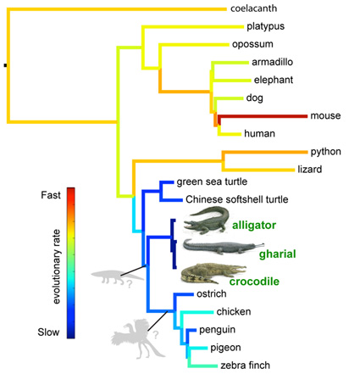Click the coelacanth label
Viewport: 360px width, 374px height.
click(253, 8)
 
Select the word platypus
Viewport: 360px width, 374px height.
click(265, 26)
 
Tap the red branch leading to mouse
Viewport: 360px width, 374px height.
click(263, 116)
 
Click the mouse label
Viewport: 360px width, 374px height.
click(325, 115)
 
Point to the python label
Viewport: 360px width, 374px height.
click(326, 152)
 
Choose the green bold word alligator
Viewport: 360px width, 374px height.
click(254, 226)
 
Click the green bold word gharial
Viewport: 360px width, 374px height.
click(278, 254)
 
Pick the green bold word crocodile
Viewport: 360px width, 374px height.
click(254, 282)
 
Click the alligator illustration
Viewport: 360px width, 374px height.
click(206, 220)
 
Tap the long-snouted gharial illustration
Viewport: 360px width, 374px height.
click(223, 247)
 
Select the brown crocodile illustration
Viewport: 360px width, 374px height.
click(213, 273)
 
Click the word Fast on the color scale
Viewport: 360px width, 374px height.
click(51, 195)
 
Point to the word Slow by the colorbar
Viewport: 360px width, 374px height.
click(48, 332)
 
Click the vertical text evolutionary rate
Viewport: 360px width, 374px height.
click(57, 266)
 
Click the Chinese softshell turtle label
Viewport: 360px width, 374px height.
click(237, 199)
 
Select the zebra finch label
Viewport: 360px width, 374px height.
click(245, 366)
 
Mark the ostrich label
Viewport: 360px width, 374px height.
click(212, 293)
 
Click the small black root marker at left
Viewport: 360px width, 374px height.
click(5, 65)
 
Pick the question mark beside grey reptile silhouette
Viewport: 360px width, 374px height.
click(129, 283)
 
